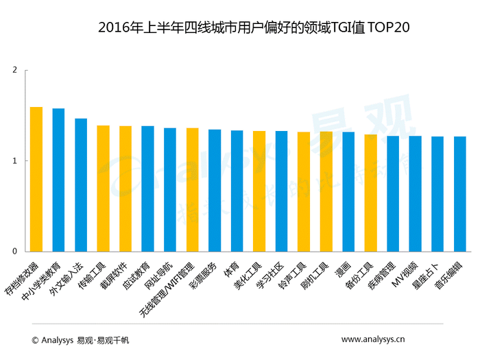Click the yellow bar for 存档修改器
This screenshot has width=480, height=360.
click(x=36, y=179)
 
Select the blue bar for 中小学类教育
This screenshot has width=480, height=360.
click(x=58, y=180)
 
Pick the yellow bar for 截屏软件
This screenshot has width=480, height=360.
click(x=125, y=189)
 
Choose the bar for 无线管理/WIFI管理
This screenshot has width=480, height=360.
click(x=192, y=190)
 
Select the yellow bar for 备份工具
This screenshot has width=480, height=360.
click(x=370, y=193)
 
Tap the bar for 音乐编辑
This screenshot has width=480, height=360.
click(x=459, y=194)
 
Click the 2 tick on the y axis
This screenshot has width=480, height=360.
click(x=14, y=70)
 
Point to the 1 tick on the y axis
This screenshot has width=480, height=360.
click(x=14, y=161)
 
